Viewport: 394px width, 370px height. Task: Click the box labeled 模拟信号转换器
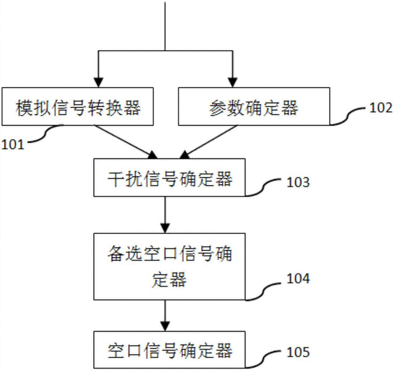click(x=78, y=107)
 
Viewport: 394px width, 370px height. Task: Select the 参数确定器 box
click(x=253, y=107)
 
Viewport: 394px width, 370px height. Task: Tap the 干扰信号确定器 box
click(x=169, y=178)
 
